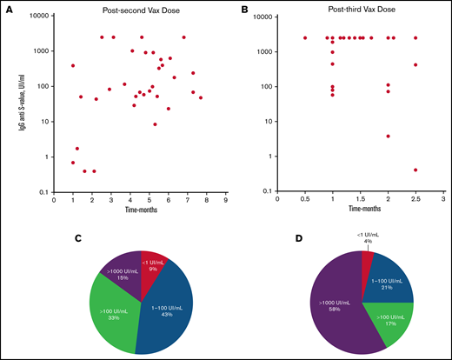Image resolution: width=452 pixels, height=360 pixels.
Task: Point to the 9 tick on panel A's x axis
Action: coord(225,200)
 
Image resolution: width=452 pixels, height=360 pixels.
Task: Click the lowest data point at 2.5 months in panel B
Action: coord(415,170)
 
